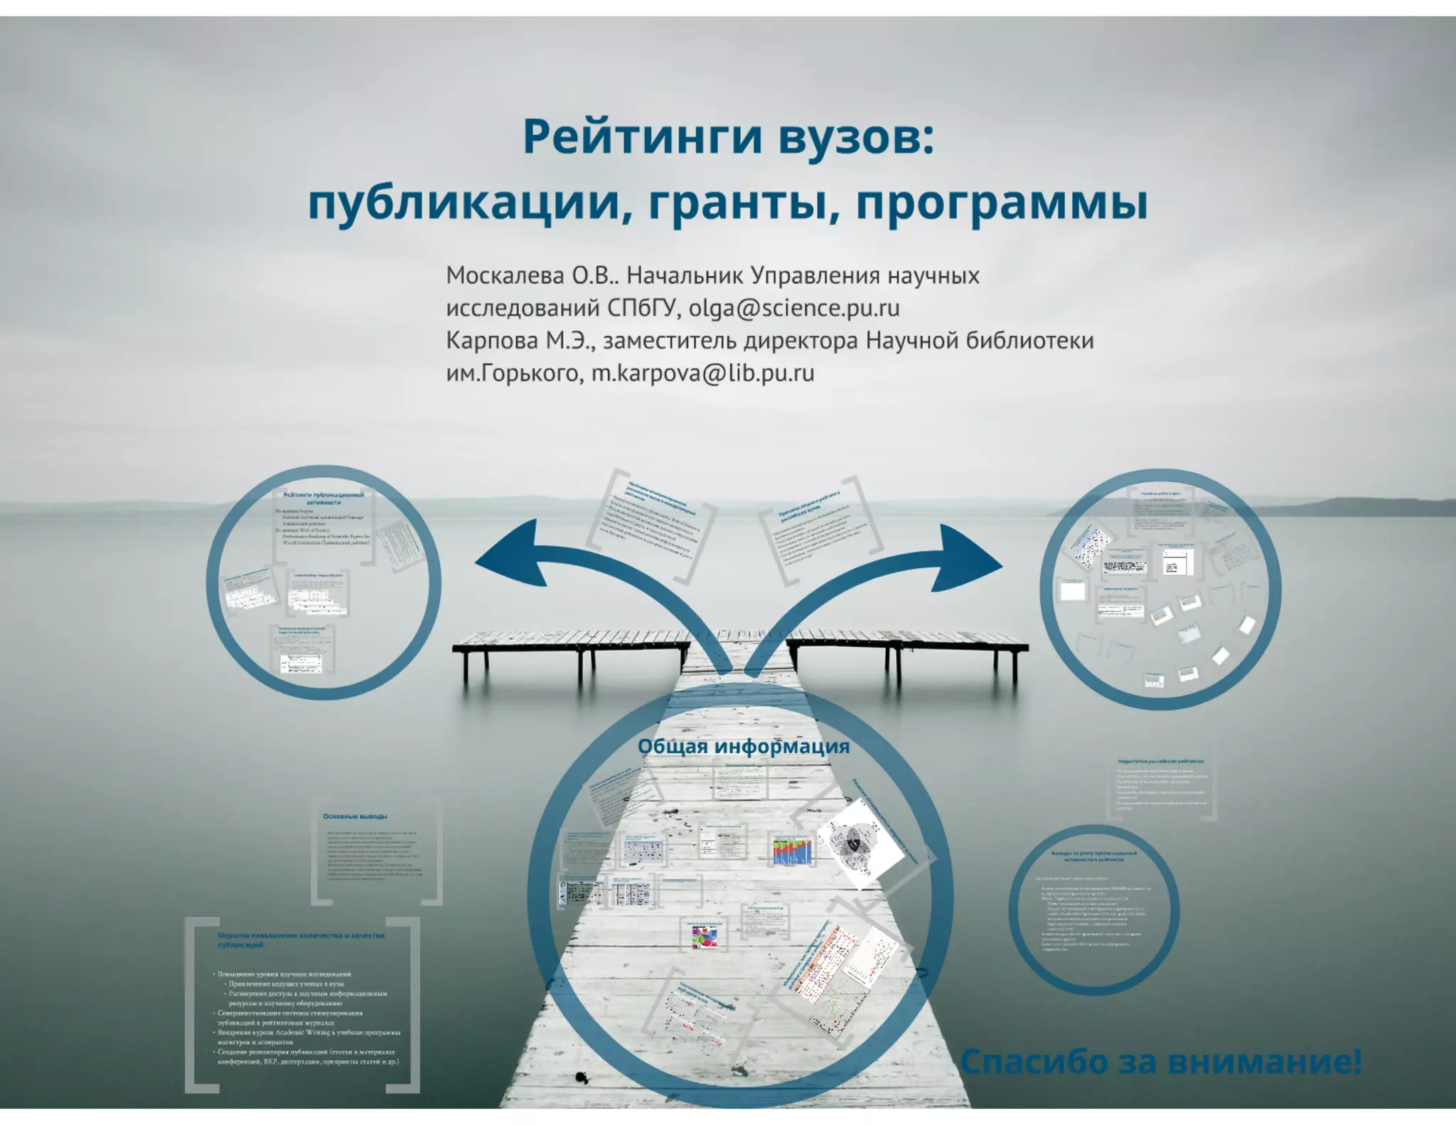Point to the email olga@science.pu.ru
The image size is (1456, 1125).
click(794, 308)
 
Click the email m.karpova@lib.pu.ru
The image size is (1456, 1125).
click(703, 373)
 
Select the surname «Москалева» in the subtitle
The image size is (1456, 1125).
click(505, 275)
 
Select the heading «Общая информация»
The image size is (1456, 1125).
click(744, 746)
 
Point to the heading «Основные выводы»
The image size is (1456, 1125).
click(355, 816)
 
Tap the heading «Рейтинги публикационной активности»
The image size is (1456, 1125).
click(323, 498)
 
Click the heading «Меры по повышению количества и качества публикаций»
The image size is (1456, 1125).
click(301, 939)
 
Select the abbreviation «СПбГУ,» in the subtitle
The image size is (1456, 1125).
click(644, 308)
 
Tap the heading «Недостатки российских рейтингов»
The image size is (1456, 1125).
click(1161, 761)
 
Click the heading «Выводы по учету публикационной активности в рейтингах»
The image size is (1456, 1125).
click(1094, 855)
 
